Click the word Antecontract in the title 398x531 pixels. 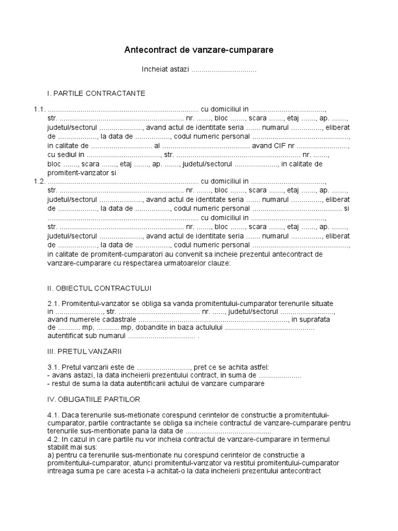tap(148, 50)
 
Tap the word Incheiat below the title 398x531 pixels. tap(154, 69)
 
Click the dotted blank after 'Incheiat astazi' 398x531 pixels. tap(224, 70)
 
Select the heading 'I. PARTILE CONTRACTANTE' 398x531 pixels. tap(96, 93)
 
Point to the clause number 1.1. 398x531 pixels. tap(39, 109)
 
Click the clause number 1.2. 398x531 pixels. tap(39, 181)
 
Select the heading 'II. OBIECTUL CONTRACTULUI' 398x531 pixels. tap(99, 288)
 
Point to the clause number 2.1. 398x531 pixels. tap(54, 303)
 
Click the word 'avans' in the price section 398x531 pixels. tap(60, 375)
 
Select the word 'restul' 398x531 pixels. tap(60, 384)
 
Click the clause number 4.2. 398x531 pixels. tap(54, 439)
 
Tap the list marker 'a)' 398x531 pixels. tap(50, 455)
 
